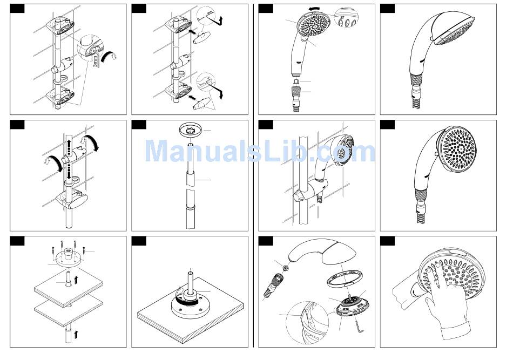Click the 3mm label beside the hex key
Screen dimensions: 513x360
(95, 60)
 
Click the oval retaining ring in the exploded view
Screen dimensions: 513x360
(345, 278)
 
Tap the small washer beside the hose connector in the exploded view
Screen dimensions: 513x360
(285, 268)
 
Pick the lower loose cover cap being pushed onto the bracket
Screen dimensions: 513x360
(200, 105)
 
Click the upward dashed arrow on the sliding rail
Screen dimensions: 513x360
(69, 147)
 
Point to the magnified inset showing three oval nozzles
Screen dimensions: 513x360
(346, 19)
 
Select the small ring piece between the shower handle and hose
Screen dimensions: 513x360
(296, 81)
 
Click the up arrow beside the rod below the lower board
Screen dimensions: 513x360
(76, 334)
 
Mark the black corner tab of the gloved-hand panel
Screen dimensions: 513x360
(387, 241)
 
